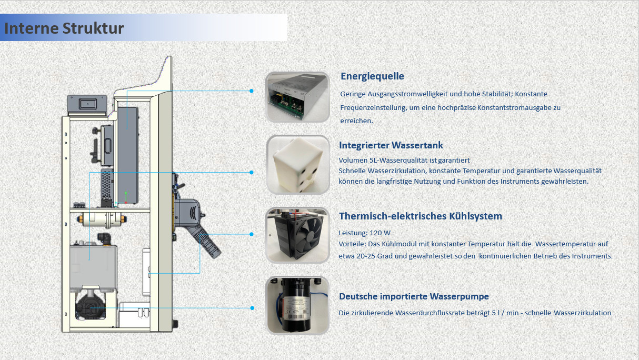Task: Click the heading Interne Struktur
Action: (x=64, y=28)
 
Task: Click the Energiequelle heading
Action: (x=372, y=76)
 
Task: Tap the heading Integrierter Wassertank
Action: (x=391, y=145)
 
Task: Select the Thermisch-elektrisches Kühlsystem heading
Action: (x=421, y=216)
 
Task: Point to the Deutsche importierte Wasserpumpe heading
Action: (x=414, y=296)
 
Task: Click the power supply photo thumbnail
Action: (x=297, y=97)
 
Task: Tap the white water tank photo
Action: (x=298, y=165)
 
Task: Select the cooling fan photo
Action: (x=297, y=235)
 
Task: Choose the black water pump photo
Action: (x=297, y=305)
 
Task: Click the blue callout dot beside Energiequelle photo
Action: (x=251, y=91)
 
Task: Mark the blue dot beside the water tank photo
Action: (x=251, y=172)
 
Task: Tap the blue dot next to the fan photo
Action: (x=251, y=234)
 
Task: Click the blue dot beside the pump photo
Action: (x=252, y=308)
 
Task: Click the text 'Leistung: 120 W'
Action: (x=364, y=233)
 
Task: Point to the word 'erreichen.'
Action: (x=356, y=121)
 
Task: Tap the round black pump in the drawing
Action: (x=90, y=307)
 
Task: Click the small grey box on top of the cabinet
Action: (x=87, y=104)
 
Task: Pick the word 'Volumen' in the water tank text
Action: (x=353, y=161)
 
